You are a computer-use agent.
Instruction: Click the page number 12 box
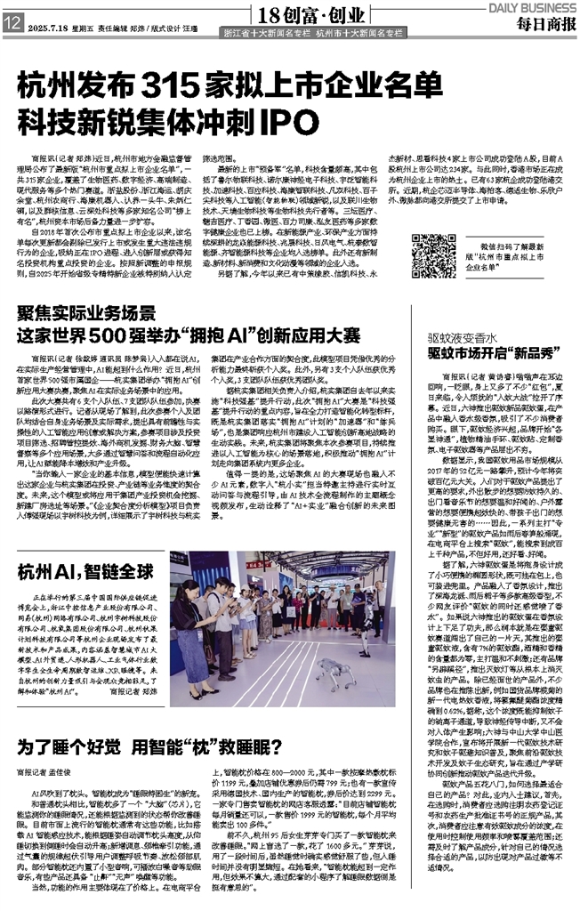13,27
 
